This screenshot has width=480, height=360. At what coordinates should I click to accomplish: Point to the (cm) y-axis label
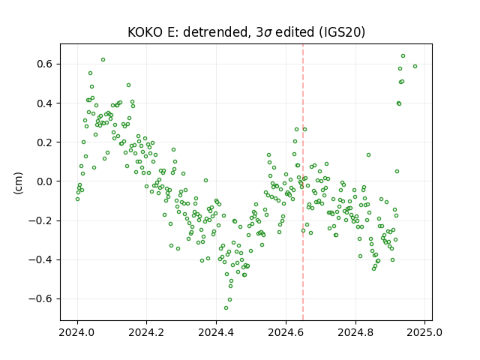(18, 183)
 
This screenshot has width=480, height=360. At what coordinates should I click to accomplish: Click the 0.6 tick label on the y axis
(45, 64)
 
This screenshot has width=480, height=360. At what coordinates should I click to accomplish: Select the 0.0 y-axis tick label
(45, 181)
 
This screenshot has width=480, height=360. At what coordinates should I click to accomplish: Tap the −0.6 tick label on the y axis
(40, 298)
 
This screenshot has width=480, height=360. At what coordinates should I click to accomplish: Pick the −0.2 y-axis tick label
(40, 220)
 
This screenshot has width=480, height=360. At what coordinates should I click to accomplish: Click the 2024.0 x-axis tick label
(77, 332)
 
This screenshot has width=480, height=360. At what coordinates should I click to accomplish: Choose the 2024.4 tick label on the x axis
(216, 332)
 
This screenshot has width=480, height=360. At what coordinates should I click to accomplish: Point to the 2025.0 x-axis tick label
(424, 332)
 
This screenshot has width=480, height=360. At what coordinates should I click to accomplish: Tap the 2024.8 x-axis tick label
(355, 332)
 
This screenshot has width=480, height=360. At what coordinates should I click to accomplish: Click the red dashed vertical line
(303, 182)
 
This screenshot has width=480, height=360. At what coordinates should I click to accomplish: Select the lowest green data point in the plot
(226, 307)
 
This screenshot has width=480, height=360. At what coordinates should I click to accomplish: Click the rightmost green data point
(415, 67)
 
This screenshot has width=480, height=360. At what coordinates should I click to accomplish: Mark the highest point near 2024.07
(103, 60)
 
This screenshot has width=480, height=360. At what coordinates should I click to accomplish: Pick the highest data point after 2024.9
(403, 55)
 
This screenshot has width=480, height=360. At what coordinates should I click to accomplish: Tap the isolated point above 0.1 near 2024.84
(368, 155)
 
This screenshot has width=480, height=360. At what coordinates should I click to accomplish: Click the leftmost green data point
(77, 199)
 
